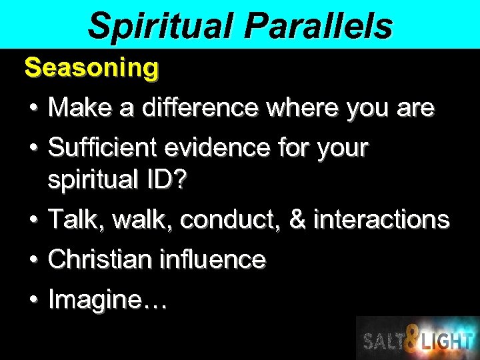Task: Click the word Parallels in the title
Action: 318,25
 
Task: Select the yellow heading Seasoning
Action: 91,67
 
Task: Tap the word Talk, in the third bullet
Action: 75,219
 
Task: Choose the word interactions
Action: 381,219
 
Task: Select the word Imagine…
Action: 108,300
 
